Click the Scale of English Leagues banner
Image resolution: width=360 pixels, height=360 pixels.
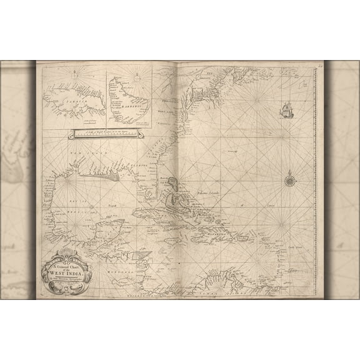click(106, 132)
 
